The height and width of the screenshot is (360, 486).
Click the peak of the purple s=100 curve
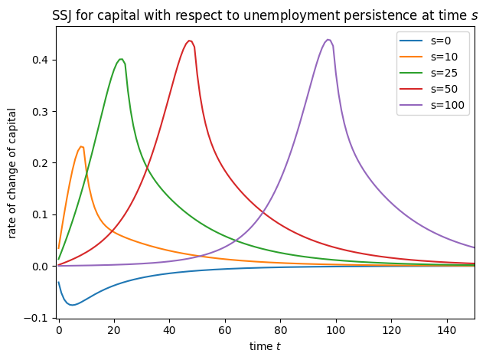click(328, 40)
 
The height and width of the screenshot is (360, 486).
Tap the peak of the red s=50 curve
click(189, 41)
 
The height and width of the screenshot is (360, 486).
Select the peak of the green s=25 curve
click(121, 59)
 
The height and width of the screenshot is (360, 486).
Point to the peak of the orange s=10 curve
click(80, 146)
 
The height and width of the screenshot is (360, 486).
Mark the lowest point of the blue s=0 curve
click(72, 305)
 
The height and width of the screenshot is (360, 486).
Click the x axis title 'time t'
click(265, 347)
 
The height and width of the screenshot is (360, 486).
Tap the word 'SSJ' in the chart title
click(67, 15)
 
